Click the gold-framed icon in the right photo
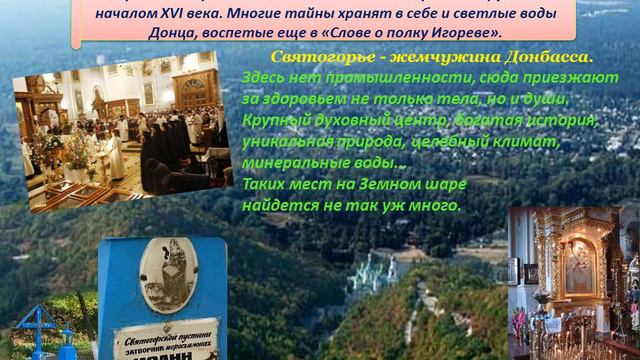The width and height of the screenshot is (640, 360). (580, 266)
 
